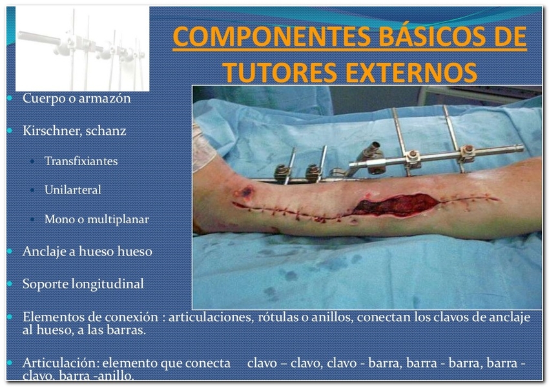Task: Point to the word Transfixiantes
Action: [x=81, y=161]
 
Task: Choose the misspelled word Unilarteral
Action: [x=72, y=190]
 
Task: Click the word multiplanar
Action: [x=118, y=219]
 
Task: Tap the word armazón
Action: [x=105, y=98]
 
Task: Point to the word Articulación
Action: [x=61, y=363]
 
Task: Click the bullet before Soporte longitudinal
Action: [x=10, y=284]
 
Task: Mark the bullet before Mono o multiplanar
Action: [x=32, y=219]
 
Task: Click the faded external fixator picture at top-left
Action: [x=82, y=48]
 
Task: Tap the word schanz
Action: [x=106, y=130]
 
